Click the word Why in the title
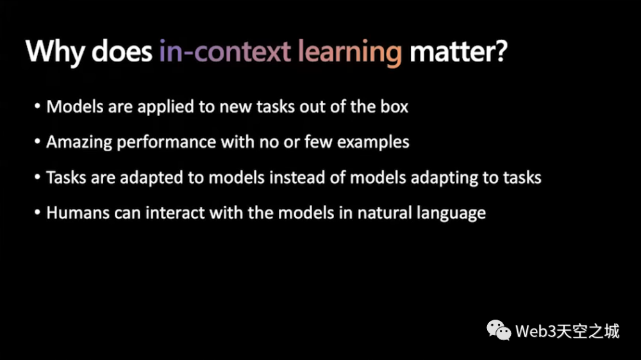click(x=54, y=52)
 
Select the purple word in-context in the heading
click(x=225, y=51)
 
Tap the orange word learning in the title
click(x=350, y=53)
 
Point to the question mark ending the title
click(x=500, y=51)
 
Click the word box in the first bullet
click(x=394, y=106)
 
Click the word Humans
click(x=78, y=213)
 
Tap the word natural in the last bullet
click(x=384, y=213)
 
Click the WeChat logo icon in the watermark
click(x=498, y=330)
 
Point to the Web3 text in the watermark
click(x=536, y=331)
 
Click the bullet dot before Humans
click(x=37, y=213)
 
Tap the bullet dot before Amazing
click(x=37, y=142)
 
